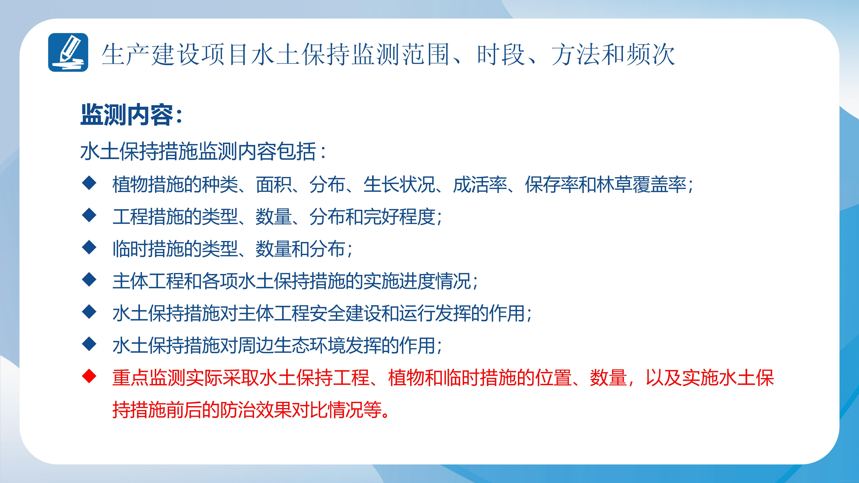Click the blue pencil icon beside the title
[68, 52]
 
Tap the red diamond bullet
[89, 377]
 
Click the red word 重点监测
[149, 378]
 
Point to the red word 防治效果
[257, 410]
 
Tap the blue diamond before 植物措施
[89, 183]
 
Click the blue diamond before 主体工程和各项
[89, 280]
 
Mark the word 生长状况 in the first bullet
[399, 184]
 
